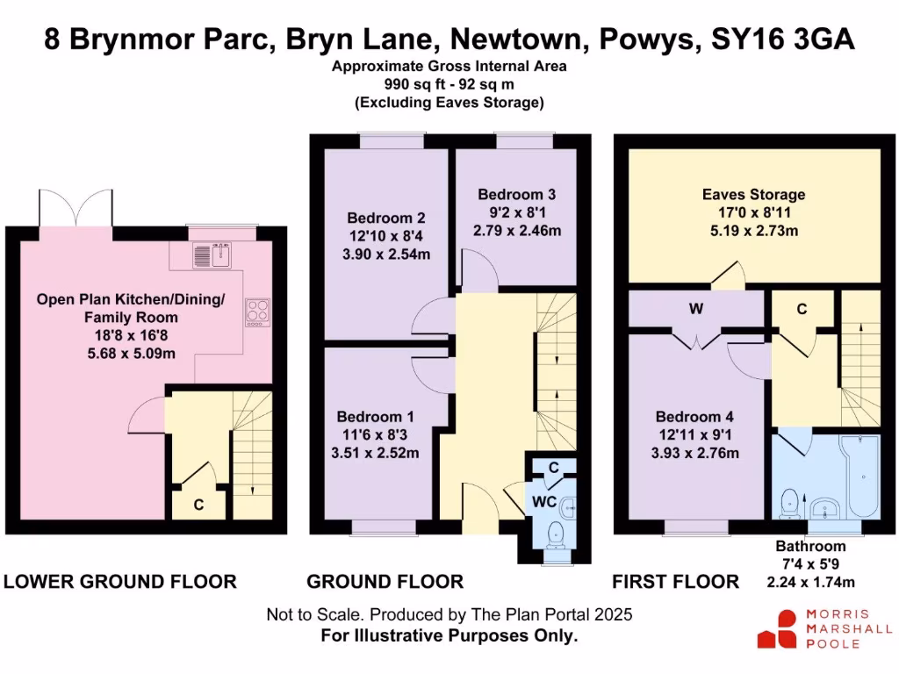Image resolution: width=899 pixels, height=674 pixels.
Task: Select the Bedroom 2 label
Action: (x=385, y=218)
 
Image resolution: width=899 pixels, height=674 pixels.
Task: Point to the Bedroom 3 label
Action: (x=516, y=194)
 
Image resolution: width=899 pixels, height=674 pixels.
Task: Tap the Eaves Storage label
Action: (x=753, y=194)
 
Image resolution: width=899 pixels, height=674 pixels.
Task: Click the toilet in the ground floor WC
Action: (x=555, y=533)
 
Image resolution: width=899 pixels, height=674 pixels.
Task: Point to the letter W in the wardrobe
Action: (x=696, y=309)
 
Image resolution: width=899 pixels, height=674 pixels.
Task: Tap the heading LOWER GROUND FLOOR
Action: (x=120, y=581)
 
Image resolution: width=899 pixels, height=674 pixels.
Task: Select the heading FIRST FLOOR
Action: (x=676, y=581)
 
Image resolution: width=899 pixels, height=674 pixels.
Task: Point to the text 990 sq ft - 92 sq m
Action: (x=449, y=84)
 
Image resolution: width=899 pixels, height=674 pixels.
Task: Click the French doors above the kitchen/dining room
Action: (x=76, y=208)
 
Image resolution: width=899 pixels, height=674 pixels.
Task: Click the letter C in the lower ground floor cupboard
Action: (x=199, y=505)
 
